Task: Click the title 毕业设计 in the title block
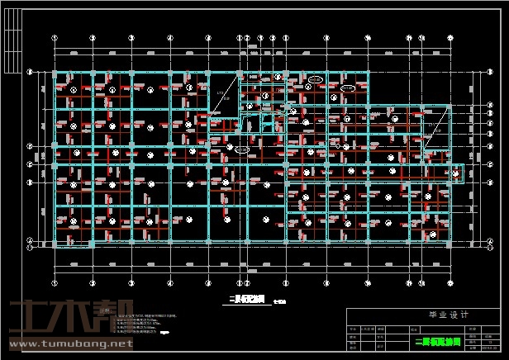click(425, 315)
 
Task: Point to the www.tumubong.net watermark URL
click(70, 343)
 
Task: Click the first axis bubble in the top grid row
click(55, 38)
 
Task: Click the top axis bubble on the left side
click(31, 73)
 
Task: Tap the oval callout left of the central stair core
click(240, 150)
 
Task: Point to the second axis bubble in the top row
click(93, 38)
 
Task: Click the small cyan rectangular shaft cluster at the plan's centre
click(265, 123)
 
